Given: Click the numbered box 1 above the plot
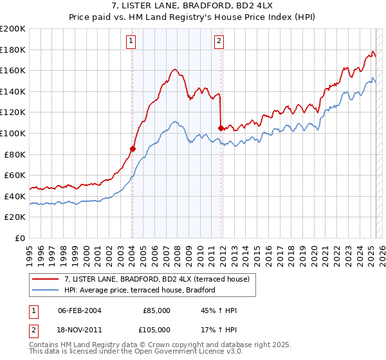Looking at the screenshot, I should pyautogui.click(x=131, y=42).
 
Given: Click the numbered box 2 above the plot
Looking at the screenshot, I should pyautogui.click(x=219, y=42).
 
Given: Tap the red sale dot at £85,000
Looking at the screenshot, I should pyautogui.click(x=133, y=148).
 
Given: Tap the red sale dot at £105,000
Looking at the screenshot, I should pyautogui.click(x=221, y=128).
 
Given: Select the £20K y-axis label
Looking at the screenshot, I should pyautogui.click(x=15, y=217).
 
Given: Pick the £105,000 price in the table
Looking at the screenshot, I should pyautogui.click(x=156, y=330).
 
